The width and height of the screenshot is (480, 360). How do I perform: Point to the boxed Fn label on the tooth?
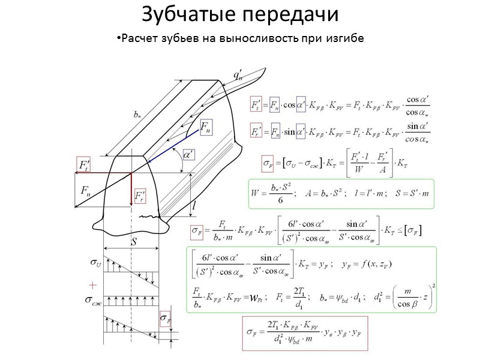(x=205, y=127)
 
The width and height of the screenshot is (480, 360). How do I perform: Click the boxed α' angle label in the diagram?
(x=188, y=155)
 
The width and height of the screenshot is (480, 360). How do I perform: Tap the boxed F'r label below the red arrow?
(x=140, y=196)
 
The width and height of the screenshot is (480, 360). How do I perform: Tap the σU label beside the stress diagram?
(x=94, y=262)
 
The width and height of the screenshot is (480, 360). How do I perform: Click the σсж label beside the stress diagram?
(x=94, y=301)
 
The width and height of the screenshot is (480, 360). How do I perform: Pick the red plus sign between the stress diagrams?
(x=92, y=283)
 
